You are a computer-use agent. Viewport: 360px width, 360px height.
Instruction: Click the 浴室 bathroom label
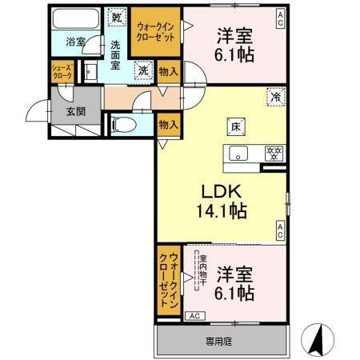(x=76, y=41)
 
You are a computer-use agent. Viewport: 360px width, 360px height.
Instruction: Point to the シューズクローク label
(x=63, y=71)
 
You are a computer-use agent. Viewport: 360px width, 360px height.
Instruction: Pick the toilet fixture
(x=124, y=124)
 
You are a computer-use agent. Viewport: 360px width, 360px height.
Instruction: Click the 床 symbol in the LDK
(x=237, y=126)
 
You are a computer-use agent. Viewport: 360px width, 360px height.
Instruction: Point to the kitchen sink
(x=239, y=153)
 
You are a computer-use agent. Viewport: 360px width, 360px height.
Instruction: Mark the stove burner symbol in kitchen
(x=272, y=153)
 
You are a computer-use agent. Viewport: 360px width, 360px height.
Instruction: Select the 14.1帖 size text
(x=220, y=212)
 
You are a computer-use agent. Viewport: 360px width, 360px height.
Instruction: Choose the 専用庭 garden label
(x=219, y=341)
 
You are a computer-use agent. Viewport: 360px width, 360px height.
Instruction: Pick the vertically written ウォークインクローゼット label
(x=169, y=281)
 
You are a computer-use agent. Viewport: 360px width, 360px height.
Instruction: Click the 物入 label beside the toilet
(x=167, y=124)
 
